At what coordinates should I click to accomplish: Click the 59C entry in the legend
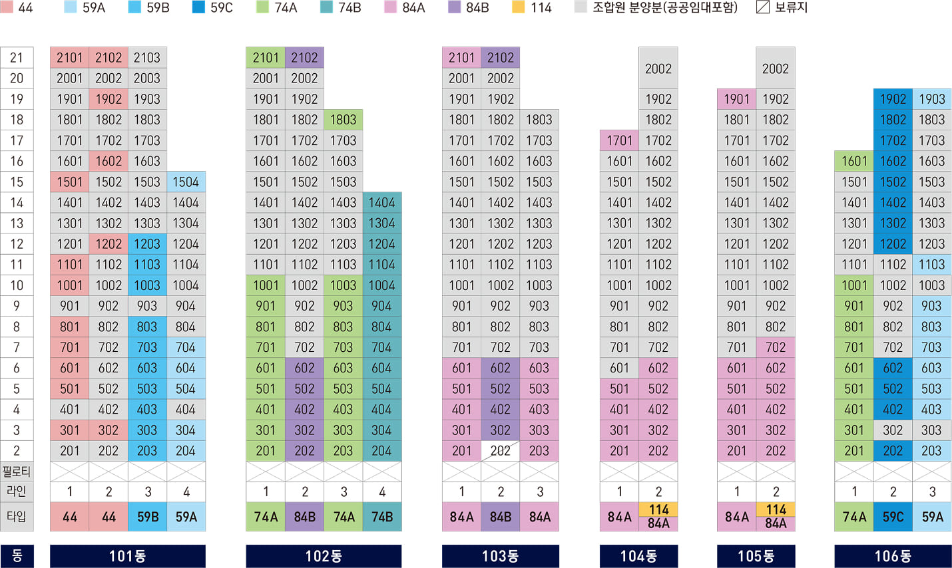(x=212, y=8)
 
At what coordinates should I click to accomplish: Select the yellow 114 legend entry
(x=532, y=8)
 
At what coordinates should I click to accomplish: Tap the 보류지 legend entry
(x=782, y=8)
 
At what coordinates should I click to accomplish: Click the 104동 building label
(x=638, y=556)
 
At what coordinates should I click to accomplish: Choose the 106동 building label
(x=893, y=556)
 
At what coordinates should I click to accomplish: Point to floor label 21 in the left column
(x=17, y=58)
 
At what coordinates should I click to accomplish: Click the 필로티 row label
(x=17, y=472)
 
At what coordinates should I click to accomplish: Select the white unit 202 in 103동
(x=500, y=451)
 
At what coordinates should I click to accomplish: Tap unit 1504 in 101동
(x=186, y=182)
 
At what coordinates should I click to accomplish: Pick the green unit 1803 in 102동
(x=343, y=120)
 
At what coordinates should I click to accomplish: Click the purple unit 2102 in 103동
(x=500, y=58)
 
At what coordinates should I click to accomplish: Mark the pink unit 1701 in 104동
(x=619, y=140)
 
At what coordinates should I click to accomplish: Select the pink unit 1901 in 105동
(x=736, y=99)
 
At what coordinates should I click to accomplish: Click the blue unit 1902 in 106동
(x=893, y=99)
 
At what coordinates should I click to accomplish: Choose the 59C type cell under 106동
(x=893, y=517)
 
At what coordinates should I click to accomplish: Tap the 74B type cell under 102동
(x=381, y=517)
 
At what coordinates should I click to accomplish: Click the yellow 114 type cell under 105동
(x=776, y=509)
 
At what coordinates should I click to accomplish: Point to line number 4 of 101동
(x=186, y=492)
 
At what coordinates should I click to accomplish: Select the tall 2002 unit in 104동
(x=658, y=69)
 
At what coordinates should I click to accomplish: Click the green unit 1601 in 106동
(x=853, y=161)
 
